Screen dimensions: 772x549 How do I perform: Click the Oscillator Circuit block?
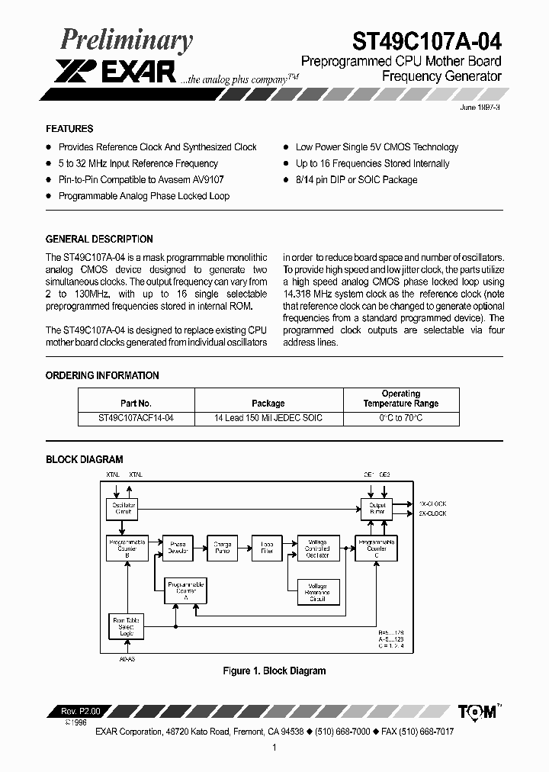pos(124,509)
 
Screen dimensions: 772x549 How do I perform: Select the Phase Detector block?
pos(178,547)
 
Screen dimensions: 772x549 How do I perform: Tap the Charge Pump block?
pos(222,547)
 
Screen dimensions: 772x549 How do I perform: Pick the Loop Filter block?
pos(267,547)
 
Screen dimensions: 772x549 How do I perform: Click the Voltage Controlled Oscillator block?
pos(317,547)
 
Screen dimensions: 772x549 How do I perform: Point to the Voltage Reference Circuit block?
pos(317,592)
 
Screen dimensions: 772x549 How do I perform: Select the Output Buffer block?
pos(377,509)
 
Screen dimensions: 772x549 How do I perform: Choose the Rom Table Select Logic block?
pos(125,626)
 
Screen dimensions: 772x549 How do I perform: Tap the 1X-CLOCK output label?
pos(432,503)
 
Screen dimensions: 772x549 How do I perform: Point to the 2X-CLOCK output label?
pos(432,513)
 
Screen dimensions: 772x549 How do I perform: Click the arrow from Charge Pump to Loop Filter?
pos(244,547)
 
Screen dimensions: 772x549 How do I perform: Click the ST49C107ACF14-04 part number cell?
pos(136,418)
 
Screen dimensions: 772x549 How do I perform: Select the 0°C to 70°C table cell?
pos(400,418)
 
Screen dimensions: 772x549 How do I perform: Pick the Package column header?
pos(268,403)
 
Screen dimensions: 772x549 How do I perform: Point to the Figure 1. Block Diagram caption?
pos(274,671)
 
